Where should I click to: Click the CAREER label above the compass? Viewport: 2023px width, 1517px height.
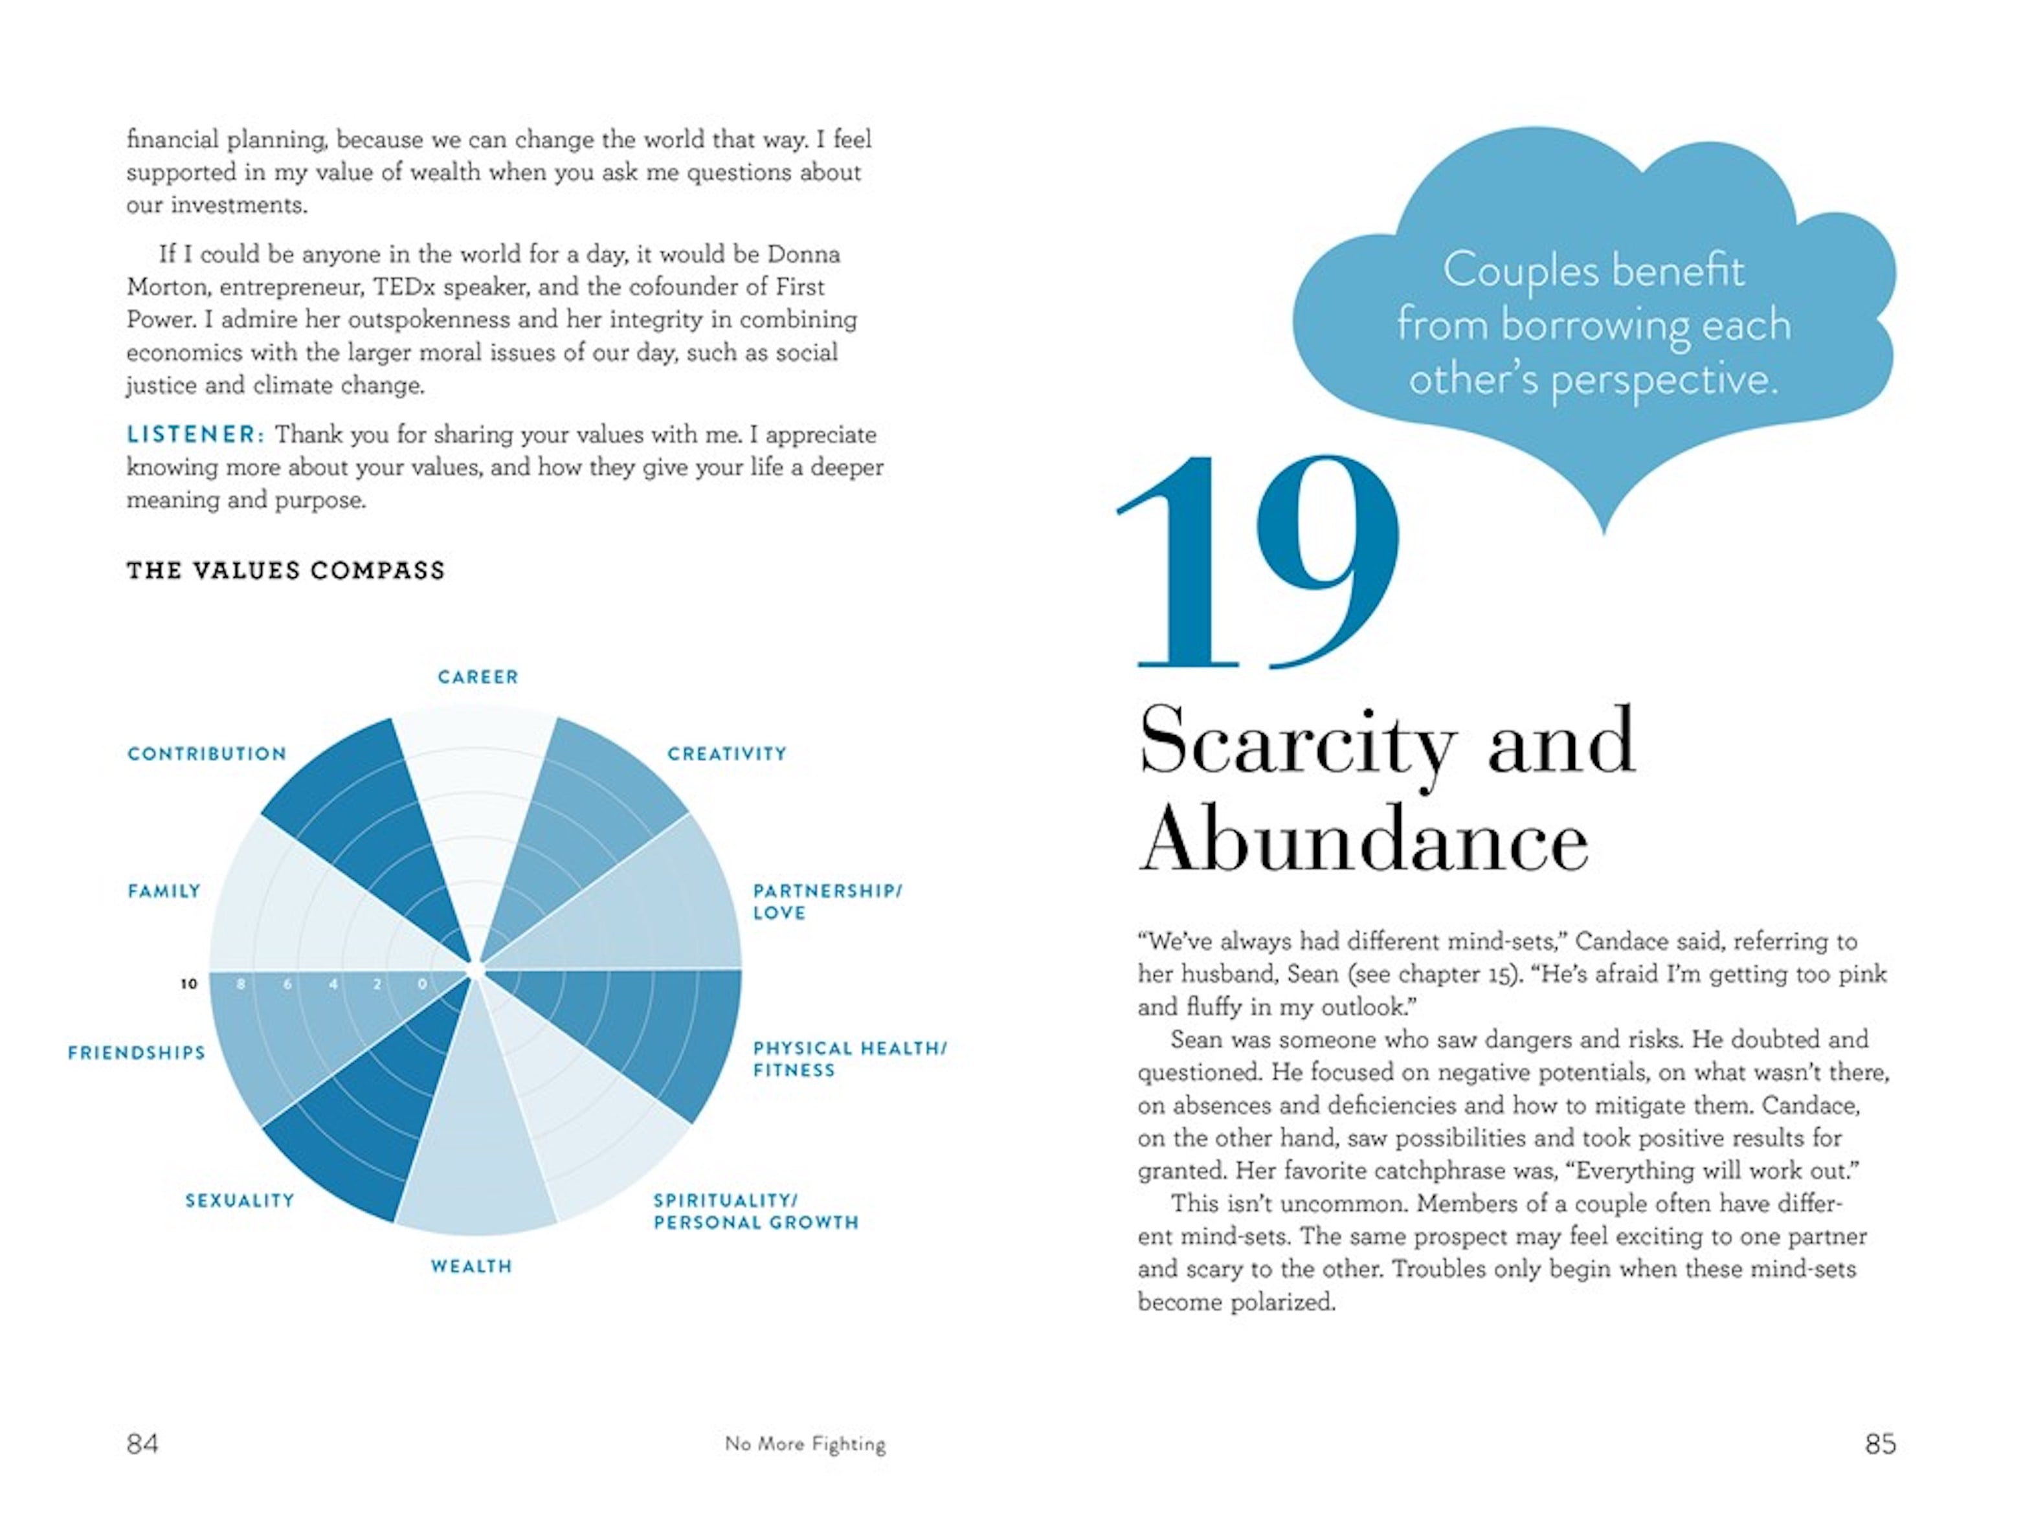coord(477,678)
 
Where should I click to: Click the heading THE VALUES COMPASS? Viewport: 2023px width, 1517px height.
coord(285,571)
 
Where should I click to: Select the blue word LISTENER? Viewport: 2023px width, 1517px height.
coord(196,434)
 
